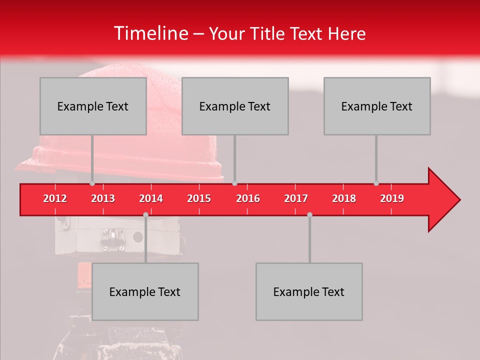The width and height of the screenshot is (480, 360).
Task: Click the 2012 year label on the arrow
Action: click(x=55, y=198)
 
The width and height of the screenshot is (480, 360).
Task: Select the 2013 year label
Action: click(x=103, y=198)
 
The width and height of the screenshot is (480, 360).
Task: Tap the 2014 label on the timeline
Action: click(x=151, y=198)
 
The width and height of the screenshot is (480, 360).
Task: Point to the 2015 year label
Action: click(x=199, y=198)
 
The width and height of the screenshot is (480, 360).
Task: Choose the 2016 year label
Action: click(x=248, y=198)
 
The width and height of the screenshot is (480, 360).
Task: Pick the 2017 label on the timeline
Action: click(x=296, y=198)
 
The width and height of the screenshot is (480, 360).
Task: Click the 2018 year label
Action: click(x=344, y=198)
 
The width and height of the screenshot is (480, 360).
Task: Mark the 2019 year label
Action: click(x=392, y=198)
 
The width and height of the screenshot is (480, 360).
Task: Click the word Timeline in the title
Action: click(x=150, y=33)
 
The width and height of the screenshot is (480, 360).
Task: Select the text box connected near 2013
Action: click(x=93, y=106)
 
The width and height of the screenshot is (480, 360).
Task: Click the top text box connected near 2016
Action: click(x=235, y=106)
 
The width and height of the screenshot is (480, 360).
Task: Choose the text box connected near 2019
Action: click(x=377, y=106)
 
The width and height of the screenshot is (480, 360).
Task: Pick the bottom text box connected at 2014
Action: click(x=145, y=291)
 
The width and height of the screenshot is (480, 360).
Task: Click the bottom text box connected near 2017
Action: click(x=309, y=291)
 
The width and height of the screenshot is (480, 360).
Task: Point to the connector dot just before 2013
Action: click(x=92, y=183)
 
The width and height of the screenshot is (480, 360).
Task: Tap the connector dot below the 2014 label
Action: click(x=145, y=214)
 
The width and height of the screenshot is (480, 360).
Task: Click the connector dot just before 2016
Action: click(x=235, y=183)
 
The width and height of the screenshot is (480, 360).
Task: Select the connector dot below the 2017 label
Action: click(x=309, y=214)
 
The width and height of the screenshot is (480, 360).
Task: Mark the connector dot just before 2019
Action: click(x=376, y=183)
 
